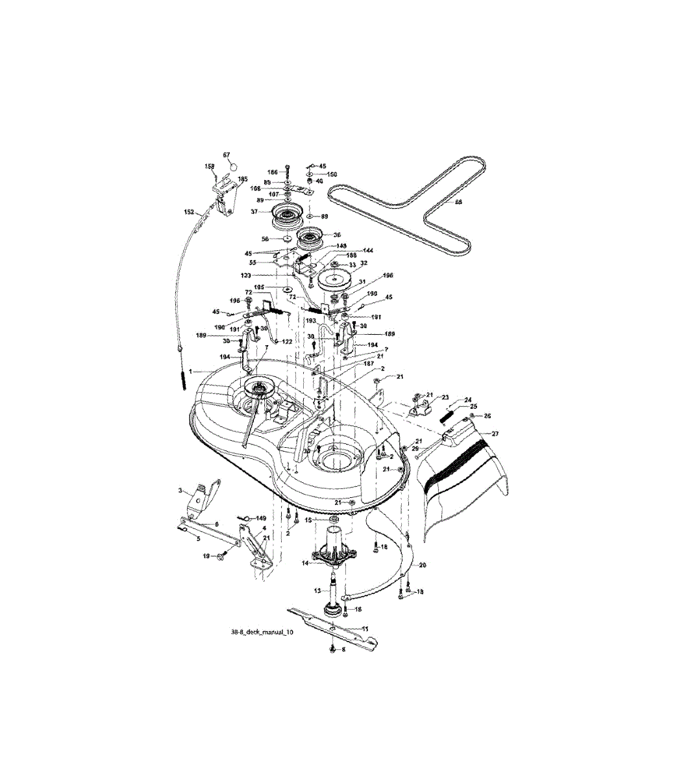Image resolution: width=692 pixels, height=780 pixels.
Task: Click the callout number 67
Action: pyautogui.click(x=227, y=155)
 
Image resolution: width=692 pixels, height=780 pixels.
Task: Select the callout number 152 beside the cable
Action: pyautogui.click(x=189, y=211)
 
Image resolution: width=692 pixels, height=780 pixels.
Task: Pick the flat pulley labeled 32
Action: pyautogui.click(x=336, y=280)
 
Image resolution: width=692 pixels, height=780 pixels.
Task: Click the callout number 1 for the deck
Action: pyautogui.click(x=190, y=370)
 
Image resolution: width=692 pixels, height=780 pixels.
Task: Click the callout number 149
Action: pyautogui.click(x=261, y=518)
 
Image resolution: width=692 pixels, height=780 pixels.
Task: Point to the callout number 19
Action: pyautogui.click(x=206, y=556)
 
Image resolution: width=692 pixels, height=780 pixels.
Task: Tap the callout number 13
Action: pyautogui.click(x=317, y=591)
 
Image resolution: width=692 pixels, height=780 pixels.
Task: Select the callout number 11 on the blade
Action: pyautogui.click(x=365, y=629)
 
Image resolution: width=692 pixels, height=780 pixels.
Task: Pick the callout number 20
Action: pyautogui.click(x=423, y=565)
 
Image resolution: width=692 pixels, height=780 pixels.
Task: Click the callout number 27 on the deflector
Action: pyautogui.click(x=495, y=434)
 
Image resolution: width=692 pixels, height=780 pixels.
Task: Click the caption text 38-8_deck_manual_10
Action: pyautogui.click(x=258, y=631)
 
